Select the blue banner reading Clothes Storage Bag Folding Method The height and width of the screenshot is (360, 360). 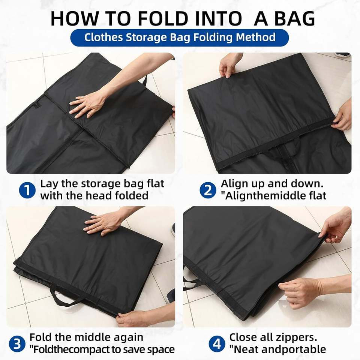(180, 37)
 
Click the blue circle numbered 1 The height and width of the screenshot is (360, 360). (27, 190)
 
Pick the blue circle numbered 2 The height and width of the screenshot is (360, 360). (207, 190)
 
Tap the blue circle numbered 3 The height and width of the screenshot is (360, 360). (17, 344)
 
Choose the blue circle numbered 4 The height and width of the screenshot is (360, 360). (217, 344)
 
